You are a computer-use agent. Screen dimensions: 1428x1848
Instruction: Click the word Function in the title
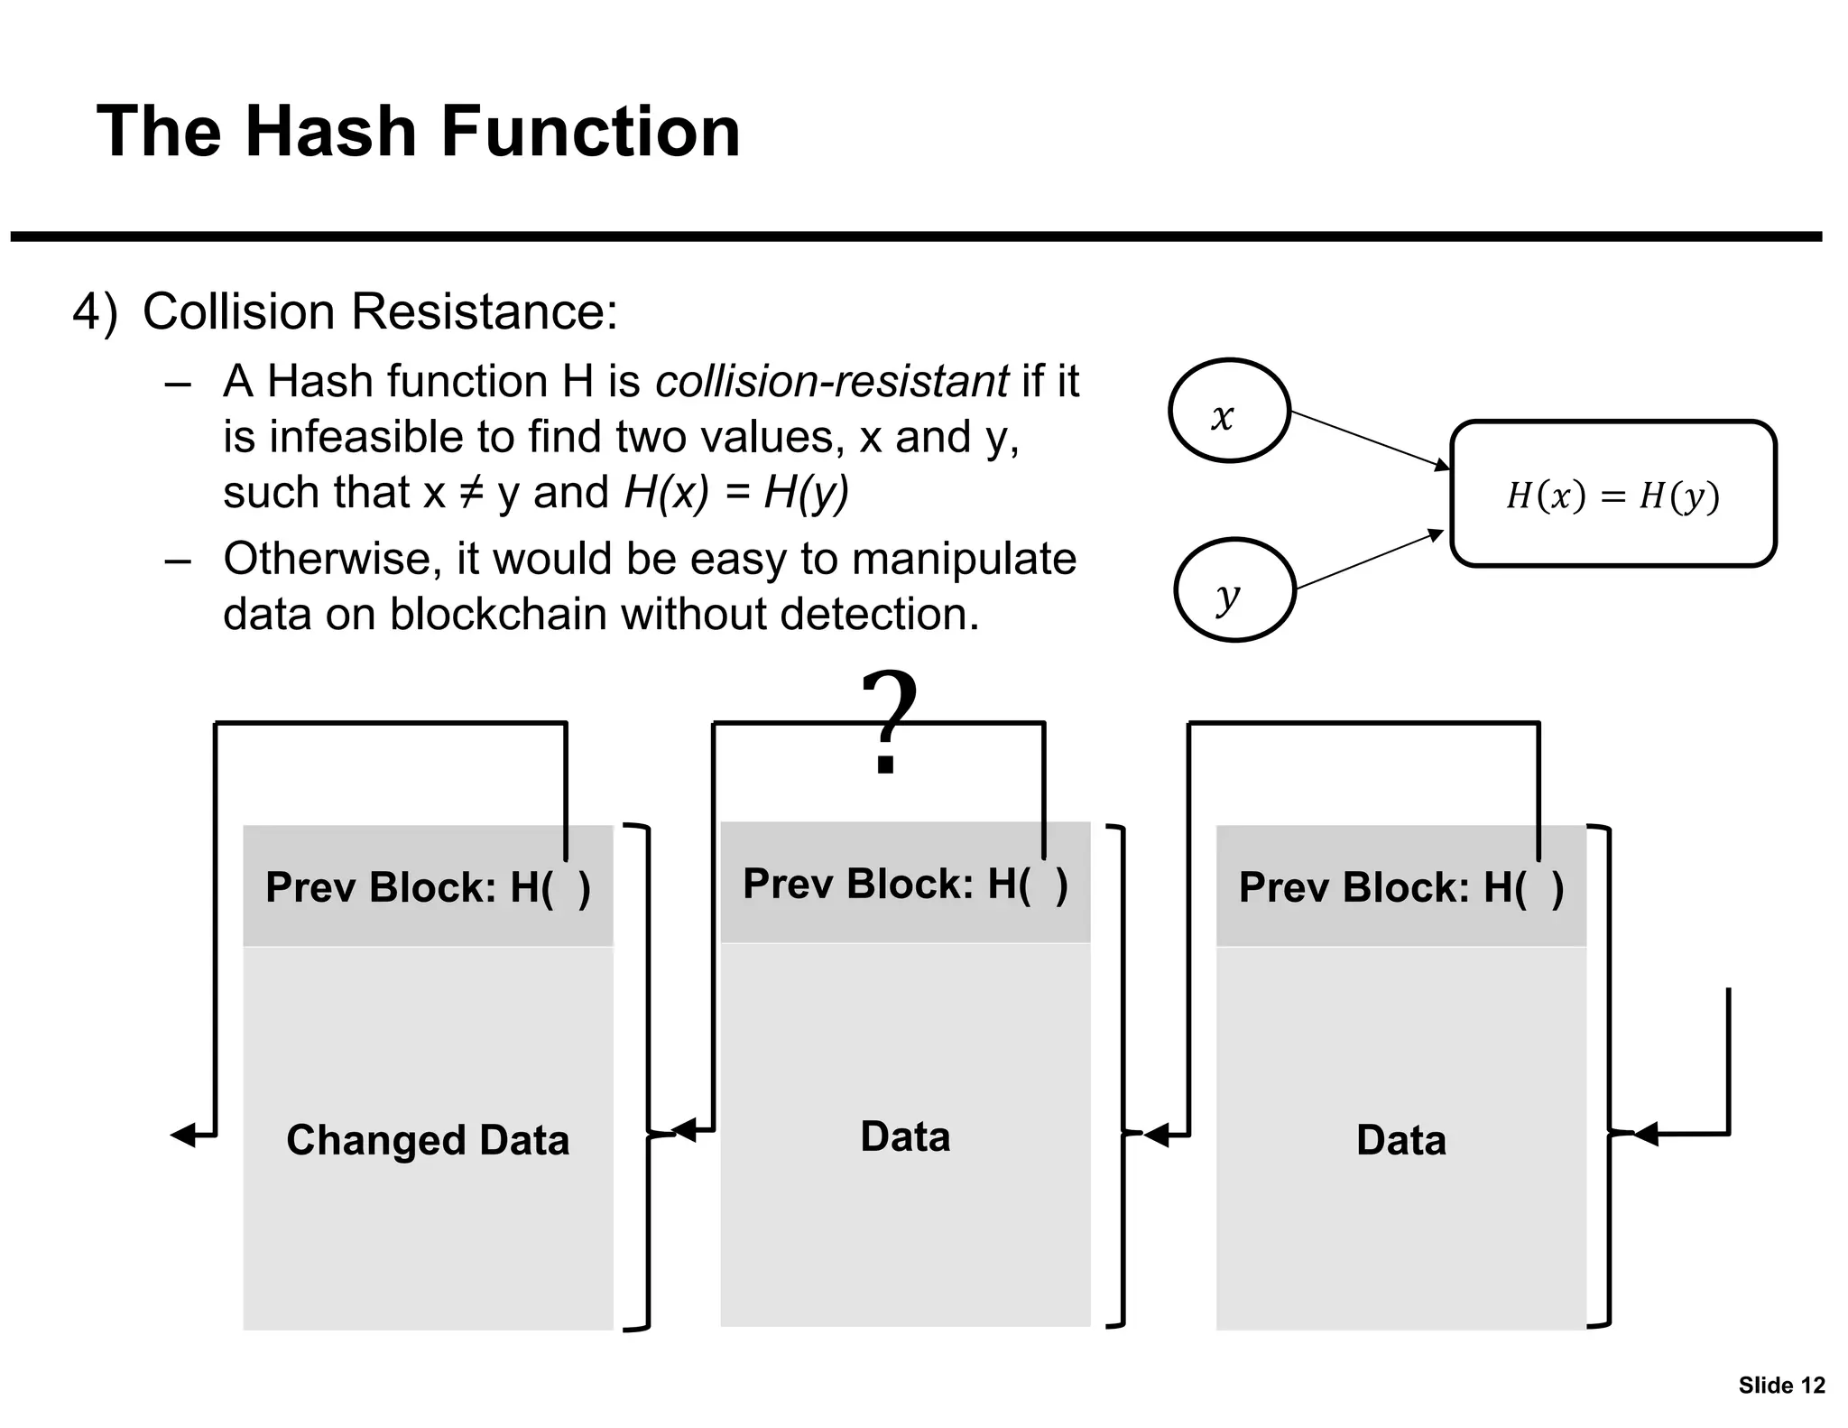[x=590, y=132]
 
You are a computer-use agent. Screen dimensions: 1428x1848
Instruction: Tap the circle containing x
[x=1229, y=412]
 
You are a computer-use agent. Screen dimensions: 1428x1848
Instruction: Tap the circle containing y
[x=1234, y=590]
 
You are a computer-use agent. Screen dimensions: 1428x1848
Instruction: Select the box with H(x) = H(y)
[x=1612, y=495]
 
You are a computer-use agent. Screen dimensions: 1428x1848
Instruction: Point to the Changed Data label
[x=428, y=1140]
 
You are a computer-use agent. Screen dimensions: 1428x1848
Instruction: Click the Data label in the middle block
[x=905, y=1136]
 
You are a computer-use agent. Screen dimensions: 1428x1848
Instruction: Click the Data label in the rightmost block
[x=1400, y=1140]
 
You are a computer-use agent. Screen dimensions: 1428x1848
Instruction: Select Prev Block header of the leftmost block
[x=428, y=887]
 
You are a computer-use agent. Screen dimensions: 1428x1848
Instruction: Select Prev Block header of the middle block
[x=905, y=884]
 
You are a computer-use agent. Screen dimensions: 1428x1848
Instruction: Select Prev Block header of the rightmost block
[x=1400, y=887]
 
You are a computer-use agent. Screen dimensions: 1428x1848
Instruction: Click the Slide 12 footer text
[x=1781, y=1386]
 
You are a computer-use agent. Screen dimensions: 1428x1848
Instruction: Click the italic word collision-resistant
[x=831, y=381]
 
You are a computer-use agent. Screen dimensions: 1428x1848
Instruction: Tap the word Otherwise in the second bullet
[x=332, y=559]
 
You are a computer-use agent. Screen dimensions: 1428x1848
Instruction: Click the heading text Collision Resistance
[x=380, y=312]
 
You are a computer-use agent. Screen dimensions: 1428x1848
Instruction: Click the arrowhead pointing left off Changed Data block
[x=184, y=1135]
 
